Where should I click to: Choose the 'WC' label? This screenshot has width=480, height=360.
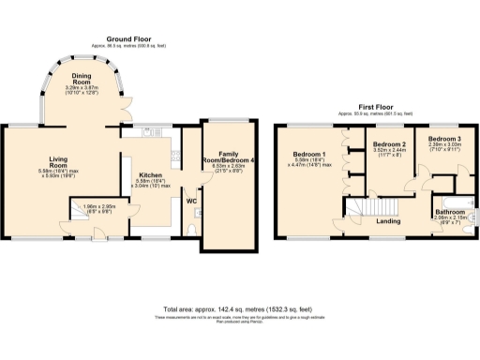[x=190, y=202]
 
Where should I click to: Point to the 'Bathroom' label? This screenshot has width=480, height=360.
[x=450, y=213]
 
